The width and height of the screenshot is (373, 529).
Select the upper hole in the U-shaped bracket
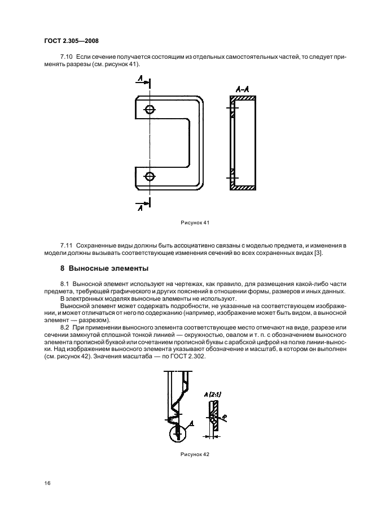click(x=150, y=110)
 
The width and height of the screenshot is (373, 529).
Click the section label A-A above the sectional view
click(x=243, y=89)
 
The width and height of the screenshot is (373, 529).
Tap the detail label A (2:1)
click(x=213, y=393)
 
